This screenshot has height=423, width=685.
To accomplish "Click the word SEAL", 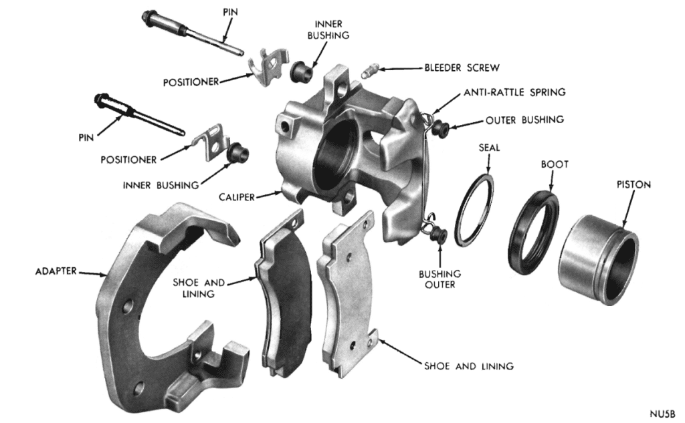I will [488, 147].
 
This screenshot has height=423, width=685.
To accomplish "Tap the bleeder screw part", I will [370, 70].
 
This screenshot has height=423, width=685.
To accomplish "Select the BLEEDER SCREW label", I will [460, 67].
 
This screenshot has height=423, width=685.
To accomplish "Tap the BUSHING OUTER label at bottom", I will [441, 279].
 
